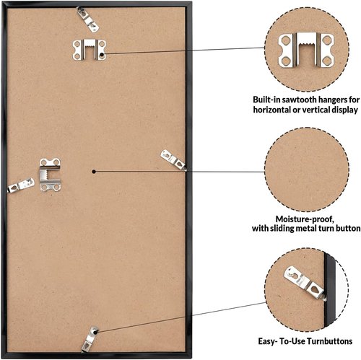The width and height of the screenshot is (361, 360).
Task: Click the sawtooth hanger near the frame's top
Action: click(x=89, y=50)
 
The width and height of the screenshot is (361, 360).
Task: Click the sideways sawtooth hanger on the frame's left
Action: click(x=50, y=175)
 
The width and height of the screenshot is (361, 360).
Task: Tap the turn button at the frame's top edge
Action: click(x=87, y=19)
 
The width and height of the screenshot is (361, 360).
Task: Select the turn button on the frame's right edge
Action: click(x=173, y=159)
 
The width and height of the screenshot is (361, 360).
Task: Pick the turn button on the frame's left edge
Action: click(x=21, y=185)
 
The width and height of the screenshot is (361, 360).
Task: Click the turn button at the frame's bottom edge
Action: click(x=90, y=339)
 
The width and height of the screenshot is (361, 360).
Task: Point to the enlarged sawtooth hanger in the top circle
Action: click(x=306, y=50)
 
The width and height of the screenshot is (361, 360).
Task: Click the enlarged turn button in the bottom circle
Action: click(x=305, y=283)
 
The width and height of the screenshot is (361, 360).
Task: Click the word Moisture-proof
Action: click(x=305, y=219)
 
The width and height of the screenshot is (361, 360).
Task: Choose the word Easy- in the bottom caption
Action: click(x=268, y=341)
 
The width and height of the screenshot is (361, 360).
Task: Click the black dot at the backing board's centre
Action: click(x=94, y=172)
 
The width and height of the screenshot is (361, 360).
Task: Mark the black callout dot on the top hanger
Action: click(x=102, y=55)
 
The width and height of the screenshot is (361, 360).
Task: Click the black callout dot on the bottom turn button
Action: click(x=95, y=332)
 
